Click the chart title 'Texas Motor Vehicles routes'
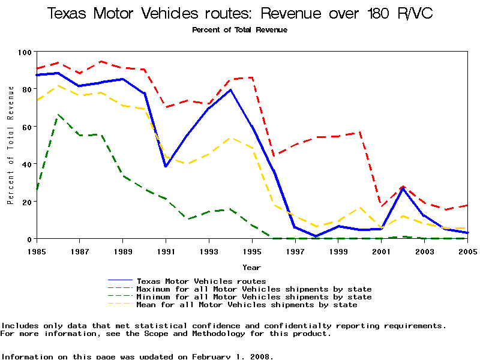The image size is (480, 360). click(x=239, y=13)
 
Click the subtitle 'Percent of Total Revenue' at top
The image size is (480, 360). click(x=239, y=30)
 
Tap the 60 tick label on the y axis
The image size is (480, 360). click(x=26, y=127)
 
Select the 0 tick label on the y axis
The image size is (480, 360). click(x=28, y=239)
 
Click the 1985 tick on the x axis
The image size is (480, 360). click(x=37, y=250)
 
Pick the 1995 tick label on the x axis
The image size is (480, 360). click(x=252, y=250)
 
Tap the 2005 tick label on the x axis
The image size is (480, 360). click(x=467, y=250)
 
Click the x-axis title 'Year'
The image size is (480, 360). click(x=251, y=267)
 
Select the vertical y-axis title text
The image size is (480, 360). click(x=11, y=145)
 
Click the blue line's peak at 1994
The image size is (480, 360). click(x=230, y=90)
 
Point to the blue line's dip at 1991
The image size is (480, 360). click(x=166, y=166)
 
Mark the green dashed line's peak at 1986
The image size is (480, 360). click(x=58, y=115)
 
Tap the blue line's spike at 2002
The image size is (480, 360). click(x=403, y=188)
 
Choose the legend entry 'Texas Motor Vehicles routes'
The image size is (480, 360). click(x=201, y=281)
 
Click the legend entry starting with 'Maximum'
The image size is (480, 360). click(x=254, y=289)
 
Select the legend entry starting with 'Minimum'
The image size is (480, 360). click(x=254, y=297)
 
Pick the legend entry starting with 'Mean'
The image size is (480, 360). click(x=247, y=305)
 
